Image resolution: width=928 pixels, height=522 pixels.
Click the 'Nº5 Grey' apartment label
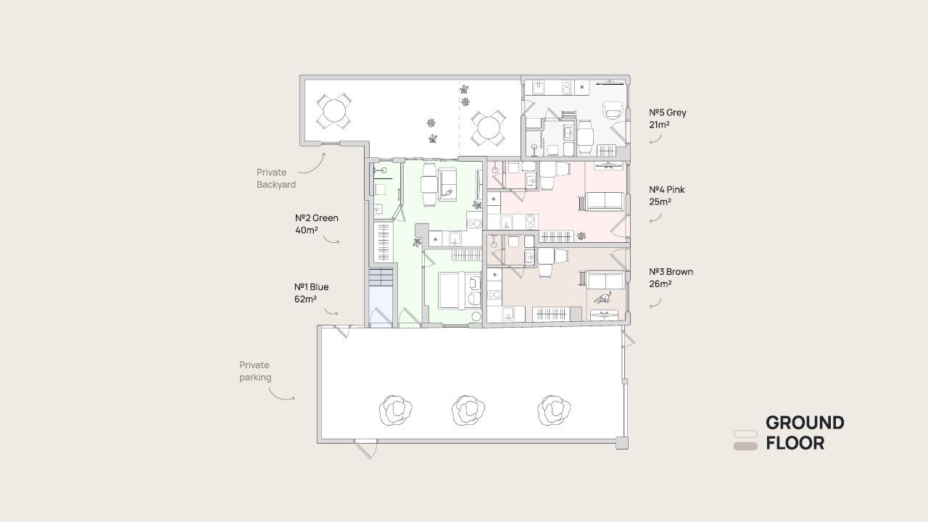[668, 112]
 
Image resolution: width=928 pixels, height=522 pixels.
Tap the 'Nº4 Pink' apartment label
[666, 190]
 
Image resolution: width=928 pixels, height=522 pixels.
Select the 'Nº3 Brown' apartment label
[671, 272]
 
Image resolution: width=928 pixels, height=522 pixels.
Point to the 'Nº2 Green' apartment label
[317, 218]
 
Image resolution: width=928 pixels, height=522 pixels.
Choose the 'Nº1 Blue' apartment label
[311, 286]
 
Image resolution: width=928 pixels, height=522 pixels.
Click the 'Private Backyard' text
[276, 178]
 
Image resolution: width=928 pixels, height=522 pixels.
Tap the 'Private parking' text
[255, 371]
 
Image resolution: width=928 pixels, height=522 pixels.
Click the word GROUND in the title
[805, 423]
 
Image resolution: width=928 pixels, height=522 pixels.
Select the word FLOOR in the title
[795, 443]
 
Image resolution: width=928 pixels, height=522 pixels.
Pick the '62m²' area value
[305, 299]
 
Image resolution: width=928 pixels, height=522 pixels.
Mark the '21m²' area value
[659, 125]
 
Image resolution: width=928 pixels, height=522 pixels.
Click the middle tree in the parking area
[468, 410]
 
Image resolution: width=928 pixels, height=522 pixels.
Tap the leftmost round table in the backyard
[334, 112]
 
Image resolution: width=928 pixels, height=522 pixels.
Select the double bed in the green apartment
[453, 291]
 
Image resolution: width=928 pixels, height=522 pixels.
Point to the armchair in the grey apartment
[613, 109]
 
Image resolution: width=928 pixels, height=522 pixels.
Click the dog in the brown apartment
[602, 297]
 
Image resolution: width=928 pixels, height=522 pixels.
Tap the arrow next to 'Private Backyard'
[312, 164]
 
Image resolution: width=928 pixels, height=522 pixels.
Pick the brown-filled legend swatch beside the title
[745, 446]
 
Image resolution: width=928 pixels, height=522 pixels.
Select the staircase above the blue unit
[381, 277]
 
